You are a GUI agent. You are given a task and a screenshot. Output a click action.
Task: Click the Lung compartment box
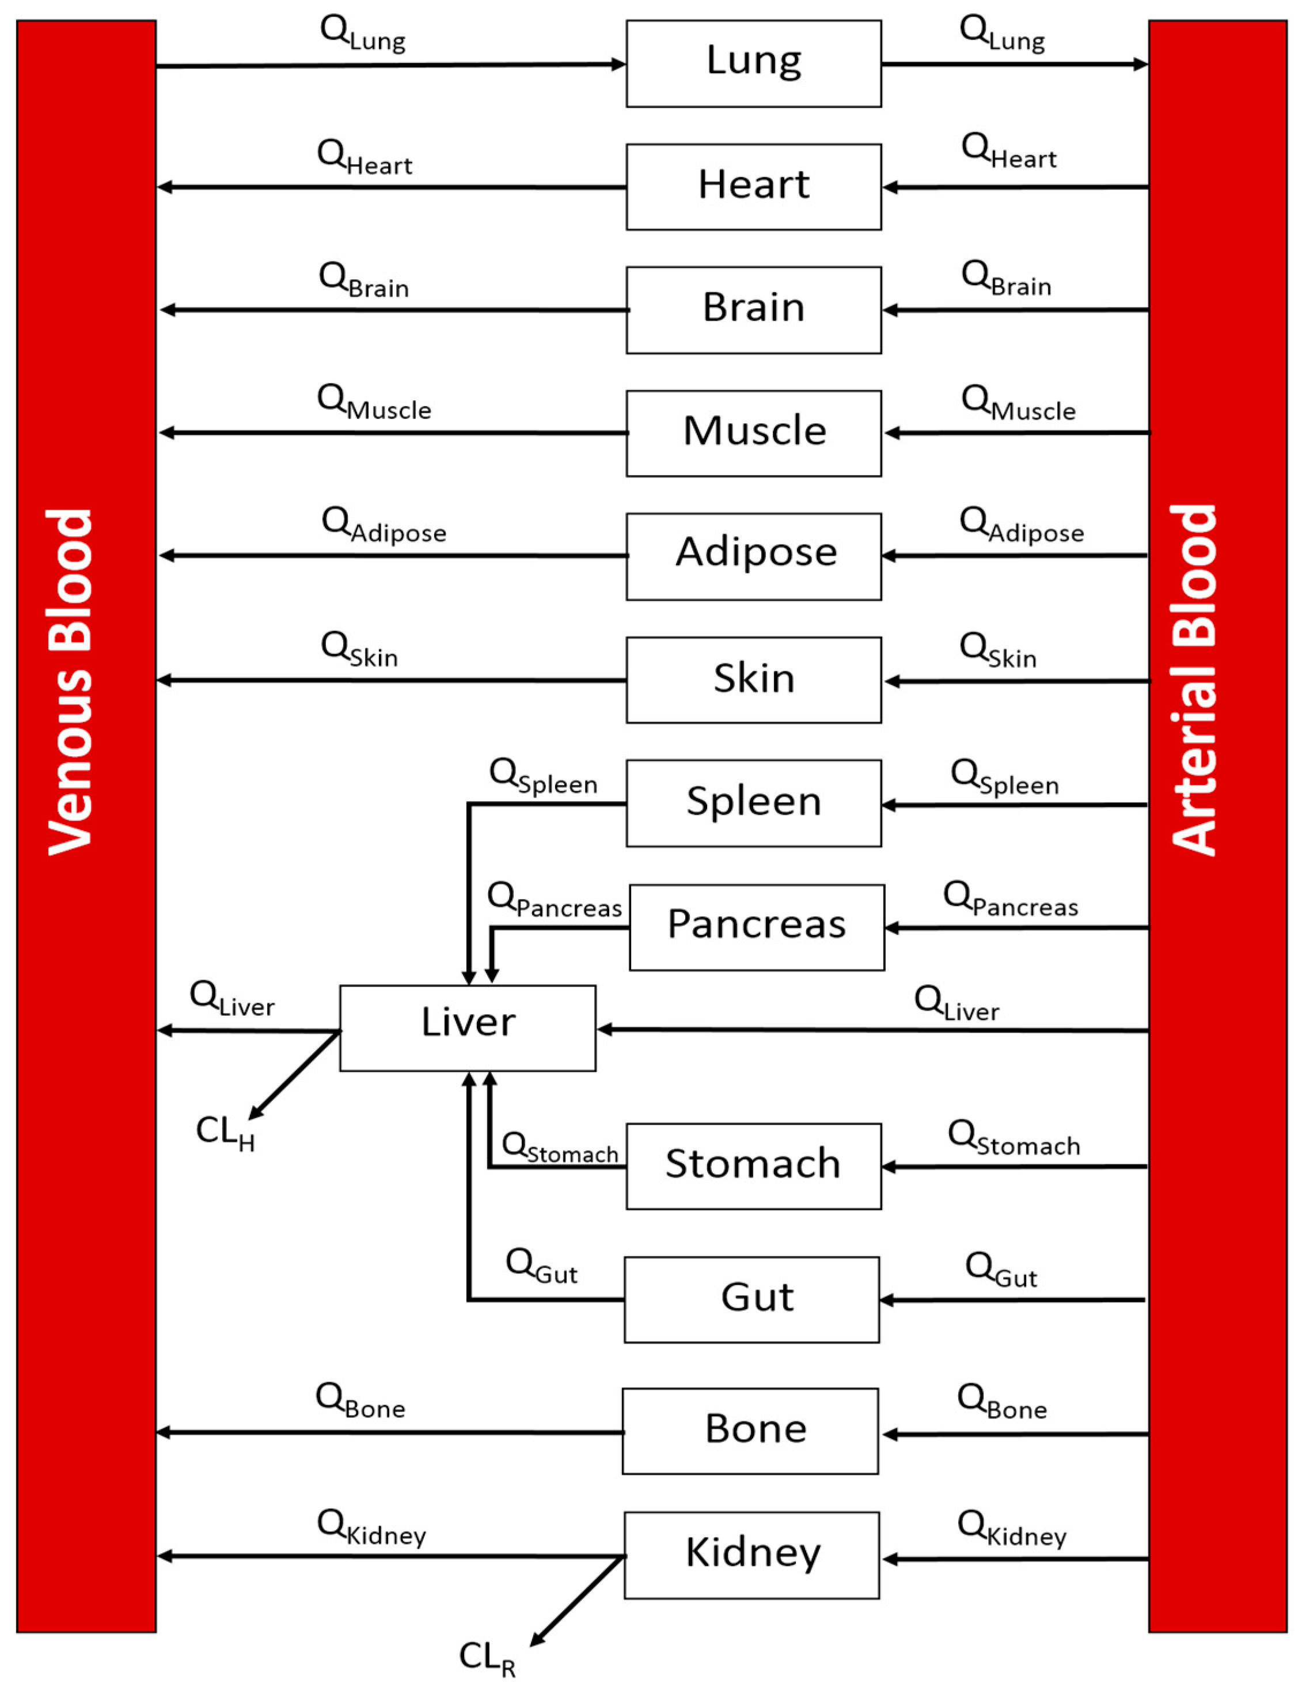point(753,63)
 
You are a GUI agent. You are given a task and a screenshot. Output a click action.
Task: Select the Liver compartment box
point(468,1027)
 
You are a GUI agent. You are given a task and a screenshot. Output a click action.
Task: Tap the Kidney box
point(751,1554)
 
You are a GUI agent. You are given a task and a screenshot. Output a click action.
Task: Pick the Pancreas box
point(757,927)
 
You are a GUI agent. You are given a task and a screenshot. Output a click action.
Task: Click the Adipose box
point(753,556)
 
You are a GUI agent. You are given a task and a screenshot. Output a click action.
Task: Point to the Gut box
point(751,1299)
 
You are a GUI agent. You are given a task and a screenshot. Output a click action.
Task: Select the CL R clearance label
point(487,1658)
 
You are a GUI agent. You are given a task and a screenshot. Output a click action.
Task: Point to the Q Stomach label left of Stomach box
point(560,1147)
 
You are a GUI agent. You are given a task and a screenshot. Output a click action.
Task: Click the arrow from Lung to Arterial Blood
point(1012,64)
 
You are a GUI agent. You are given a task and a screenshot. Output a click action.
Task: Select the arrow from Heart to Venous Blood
point(390,187)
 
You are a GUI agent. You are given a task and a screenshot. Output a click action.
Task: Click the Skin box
point(753,680)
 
